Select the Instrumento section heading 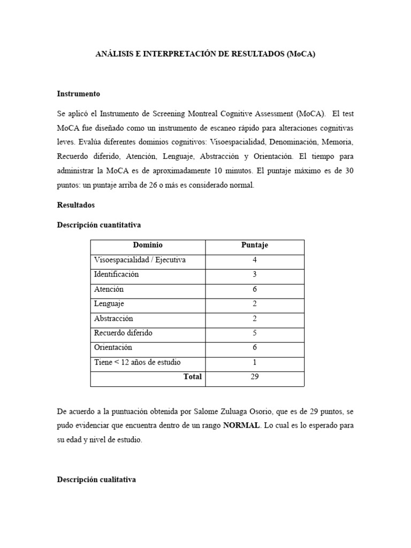click(x=78, y=94)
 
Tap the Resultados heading click(x=76, y=205)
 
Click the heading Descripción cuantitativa click(x=98, y=225)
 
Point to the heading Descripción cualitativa click(x=96, y=479)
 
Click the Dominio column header click(x=148, y=245)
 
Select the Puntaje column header click(x=255, y=245)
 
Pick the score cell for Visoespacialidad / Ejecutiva click(x=255, y=260)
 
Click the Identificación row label click(x=116, y=275)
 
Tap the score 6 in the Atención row click(x=255, y=290)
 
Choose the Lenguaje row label click(x=109, y=304)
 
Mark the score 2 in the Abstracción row click(x=255, y=318)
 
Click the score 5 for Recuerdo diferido click(x=255, y=333)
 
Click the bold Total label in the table click(x=192, y=377)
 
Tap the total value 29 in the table click(x=255, y=377)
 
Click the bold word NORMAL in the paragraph click(x=241, y=425)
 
